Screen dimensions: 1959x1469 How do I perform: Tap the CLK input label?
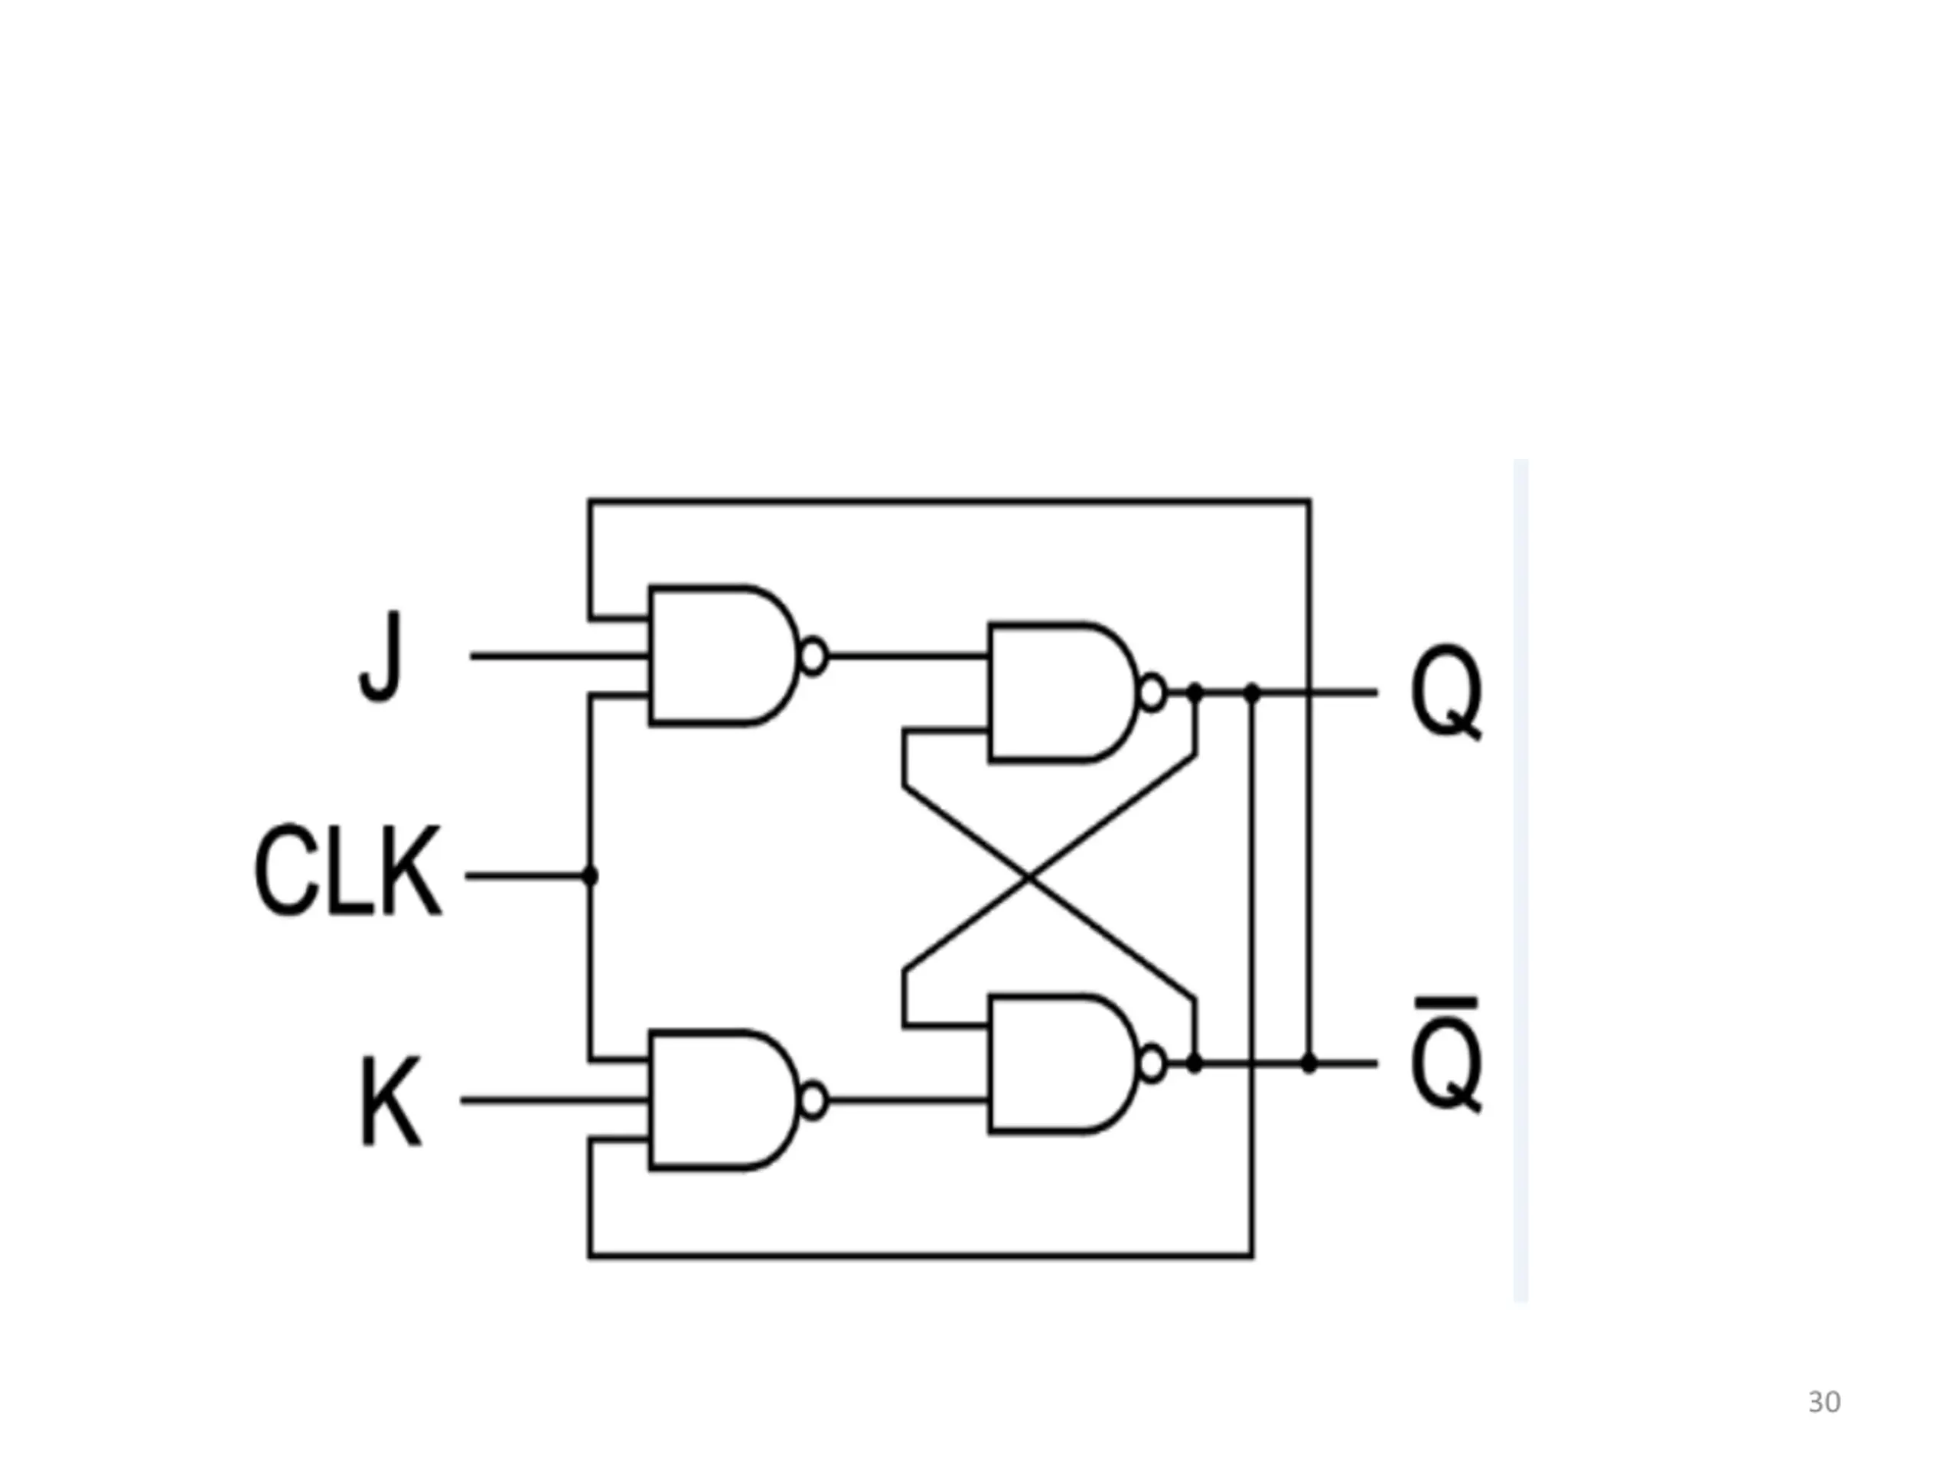[x=347, y=871]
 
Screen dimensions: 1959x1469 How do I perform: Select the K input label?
[x=390, y=1102]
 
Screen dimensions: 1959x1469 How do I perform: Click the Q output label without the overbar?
[x=1446, y=693]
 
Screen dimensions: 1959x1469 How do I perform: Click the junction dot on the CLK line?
[x=591, y=876]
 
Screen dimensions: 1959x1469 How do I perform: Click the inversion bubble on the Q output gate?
[x=1152, y=692]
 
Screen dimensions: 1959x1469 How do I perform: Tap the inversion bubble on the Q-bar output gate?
[x=1152, y=1063]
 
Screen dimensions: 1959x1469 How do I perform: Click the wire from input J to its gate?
[x=559, y=656]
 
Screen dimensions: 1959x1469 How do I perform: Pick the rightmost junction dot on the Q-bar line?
[x=1310, y=1063]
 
